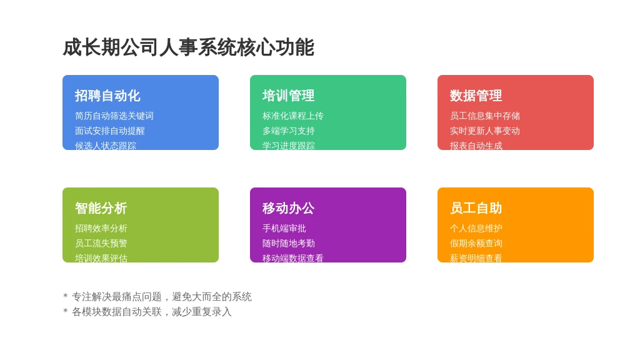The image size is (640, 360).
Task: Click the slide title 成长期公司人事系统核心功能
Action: point(188,47)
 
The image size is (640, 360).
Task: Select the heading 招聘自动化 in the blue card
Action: point(107,96)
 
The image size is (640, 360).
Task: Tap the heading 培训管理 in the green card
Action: point(288,96)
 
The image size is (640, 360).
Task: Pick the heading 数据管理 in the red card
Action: point(476,96)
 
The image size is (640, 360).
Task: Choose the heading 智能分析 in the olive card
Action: point(101,208)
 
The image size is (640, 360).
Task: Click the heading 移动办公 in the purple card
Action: point(288,208)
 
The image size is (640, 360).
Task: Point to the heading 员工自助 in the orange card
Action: point(476,208)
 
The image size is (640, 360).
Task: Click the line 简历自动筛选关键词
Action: point(114,116)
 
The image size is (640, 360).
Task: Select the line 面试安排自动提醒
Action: point(110,131)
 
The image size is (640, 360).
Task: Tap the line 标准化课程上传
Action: point(293,116)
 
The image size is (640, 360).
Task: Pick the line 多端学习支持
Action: point(289,131)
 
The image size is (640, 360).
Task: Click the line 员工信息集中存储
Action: point(485,116)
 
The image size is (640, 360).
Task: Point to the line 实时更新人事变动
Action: point(485,131)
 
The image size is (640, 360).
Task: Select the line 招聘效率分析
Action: point(101,228)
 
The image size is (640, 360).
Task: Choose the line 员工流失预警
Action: point(101,243)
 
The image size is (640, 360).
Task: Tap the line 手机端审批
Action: point(284,228)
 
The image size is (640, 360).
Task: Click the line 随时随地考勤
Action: point(289,243)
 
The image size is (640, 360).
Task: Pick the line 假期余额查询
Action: point(476,243)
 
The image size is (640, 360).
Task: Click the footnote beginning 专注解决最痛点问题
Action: point(161,297)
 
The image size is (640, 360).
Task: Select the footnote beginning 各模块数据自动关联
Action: point(151,312)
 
